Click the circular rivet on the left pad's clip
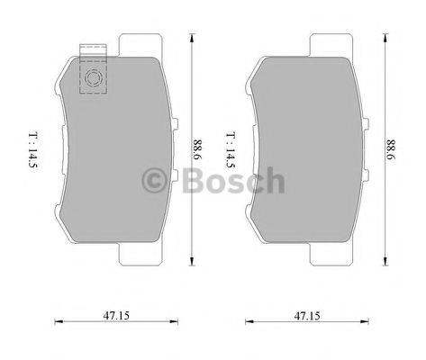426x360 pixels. [92, 80]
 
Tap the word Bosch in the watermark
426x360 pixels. [231, 183]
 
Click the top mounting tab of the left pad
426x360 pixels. [134, 44]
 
